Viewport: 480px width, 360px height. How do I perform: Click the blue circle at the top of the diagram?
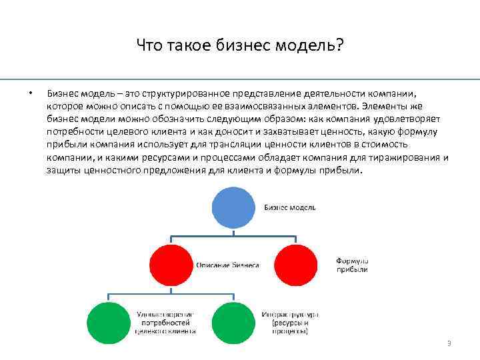click(233, 207)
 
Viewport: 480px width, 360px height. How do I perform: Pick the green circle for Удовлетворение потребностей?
click(111, 322)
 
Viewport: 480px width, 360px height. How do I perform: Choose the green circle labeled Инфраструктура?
click(234, 322)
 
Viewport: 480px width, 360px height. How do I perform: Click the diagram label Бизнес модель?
click(290, 207)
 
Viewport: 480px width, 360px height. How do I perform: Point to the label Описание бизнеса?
click(227, 265)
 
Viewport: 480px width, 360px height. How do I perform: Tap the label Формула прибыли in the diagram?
click(352, 265)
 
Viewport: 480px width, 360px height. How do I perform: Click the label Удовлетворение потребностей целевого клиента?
click(165, 321)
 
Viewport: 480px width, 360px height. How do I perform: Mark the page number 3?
click(449, 343)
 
